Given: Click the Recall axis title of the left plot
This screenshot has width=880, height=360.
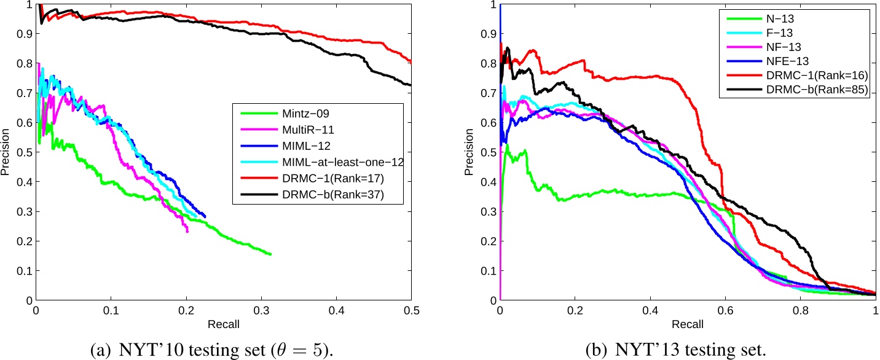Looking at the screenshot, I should [224, 323].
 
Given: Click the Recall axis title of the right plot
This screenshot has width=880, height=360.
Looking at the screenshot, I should [688, 323].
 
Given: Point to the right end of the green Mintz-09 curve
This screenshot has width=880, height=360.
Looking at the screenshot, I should [270, 254].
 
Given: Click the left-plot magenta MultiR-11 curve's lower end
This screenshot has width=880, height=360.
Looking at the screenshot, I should [187, 231].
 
